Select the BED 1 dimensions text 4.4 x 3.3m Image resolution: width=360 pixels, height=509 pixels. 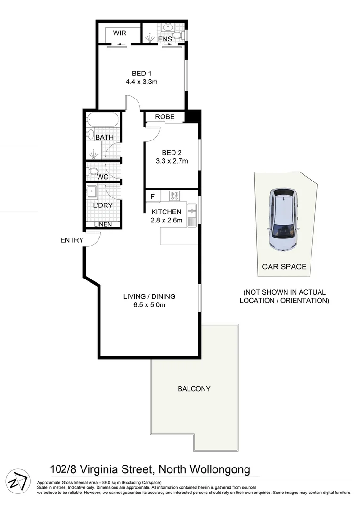(141, 82)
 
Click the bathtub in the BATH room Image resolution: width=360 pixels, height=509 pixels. (102, 120)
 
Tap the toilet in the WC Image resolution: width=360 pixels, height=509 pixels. (93, 171)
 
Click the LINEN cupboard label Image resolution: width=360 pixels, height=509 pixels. (103, 224)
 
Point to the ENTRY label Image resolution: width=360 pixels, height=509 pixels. (72, 240)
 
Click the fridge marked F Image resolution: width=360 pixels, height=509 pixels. (152, 196)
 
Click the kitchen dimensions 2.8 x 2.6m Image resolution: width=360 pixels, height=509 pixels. (166, 220)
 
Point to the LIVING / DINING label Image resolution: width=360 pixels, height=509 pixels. (149, 296)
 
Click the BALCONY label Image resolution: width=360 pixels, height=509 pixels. (194, 389)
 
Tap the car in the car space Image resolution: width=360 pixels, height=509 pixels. (283, 219)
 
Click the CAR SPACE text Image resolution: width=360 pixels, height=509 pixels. (284, 267)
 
